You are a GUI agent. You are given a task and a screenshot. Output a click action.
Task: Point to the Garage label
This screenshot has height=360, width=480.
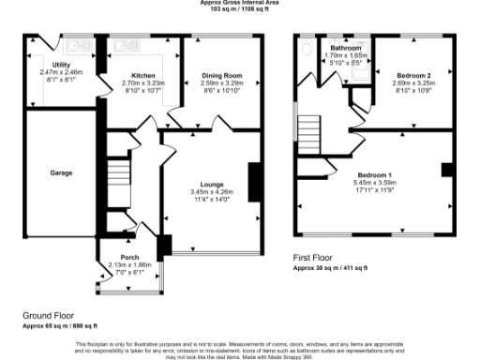point(62,172)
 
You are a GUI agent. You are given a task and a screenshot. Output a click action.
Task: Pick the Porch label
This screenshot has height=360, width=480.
point(129,257)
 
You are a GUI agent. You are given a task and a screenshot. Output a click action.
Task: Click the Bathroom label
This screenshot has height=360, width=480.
point(346,47)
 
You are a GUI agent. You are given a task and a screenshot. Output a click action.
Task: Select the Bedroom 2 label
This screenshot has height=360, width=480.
point(413,75)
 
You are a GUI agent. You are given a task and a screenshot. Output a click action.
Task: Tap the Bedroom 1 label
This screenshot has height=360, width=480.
point(368,174)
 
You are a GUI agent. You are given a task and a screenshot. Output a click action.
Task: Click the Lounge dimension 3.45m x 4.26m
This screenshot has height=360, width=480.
point(209,193)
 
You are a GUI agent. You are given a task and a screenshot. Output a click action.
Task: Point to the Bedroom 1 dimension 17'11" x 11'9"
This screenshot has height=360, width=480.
point(368,190)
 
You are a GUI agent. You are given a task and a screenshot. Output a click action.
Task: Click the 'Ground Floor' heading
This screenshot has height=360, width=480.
point(49,316)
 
